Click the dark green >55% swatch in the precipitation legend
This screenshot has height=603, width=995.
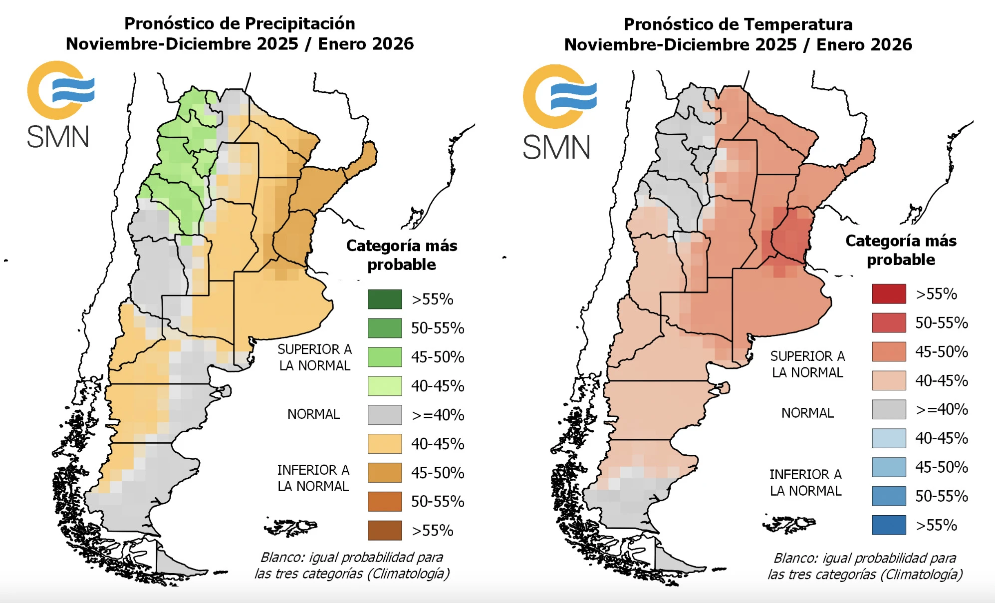click(385, 299)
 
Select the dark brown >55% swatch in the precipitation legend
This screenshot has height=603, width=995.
click(385, 530)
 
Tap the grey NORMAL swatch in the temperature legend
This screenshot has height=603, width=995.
click(889, 409)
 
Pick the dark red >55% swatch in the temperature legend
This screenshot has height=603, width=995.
click(889, 294)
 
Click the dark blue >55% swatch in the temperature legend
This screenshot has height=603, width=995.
click(889, 525)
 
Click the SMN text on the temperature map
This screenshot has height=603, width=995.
click(556, 147)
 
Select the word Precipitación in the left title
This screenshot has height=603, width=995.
click(299, 23)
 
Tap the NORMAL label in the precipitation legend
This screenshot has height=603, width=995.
click(313, 414)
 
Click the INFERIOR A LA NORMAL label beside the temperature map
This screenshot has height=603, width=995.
click(805, 482)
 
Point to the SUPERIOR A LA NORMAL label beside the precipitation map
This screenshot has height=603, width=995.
click(314, 357)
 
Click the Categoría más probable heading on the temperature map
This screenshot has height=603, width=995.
click(901, 250)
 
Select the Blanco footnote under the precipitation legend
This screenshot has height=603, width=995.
click(352, 565)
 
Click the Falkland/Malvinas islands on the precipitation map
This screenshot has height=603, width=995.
click(292, 526)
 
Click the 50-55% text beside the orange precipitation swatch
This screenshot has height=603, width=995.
click(438, 502)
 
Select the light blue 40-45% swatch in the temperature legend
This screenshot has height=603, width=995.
click(889, 438)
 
